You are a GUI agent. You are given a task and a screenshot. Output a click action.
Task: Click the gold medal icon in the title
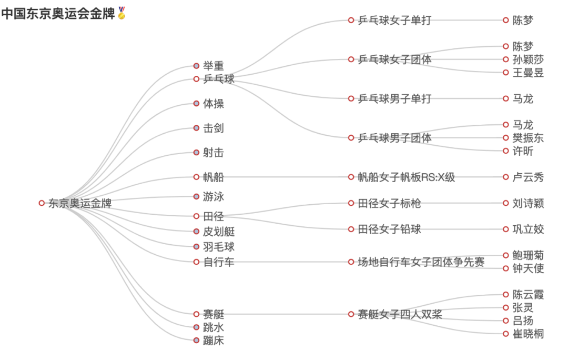click(x=121, y=13)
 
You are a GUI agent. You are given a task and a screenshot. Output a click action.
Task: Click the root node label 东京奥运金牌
click(x=79, y=204)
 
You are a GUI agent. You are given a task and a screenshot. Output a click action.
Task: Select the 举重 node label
click(x=214, y=66)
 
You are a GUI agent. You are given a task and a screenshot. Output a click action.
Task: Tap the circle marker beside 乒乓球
click(x=196, y=79)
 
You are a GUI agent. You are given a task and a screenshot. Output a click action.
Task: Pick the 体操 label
click(x=214, y=104)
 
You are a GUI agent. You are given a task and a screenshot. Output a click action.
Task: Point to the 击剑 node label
click(x=214, y=128)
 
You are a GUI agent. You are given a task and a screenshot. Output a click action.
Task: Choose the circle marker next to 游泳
click(x=196, y=197)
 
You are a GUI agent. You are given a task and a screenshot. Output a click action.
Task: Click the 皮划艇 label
click(x=219, y=232)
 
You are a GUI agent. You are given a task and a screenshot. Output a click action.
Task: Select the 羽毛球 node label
click(x=219, y=247)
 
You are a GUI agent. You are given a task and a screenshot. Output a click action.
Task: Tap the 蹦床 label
click(x=214, y=341)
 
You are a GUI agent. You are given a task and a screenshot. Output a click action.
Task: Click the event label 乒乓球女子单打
click(x=394, y=21)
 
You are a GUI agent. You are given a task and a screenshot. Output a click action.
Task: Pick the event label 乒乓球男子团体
click(x=394, y=138)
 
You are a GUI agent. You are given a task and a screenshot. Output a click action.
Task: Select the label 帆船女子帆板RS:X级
click(x=406, y=177)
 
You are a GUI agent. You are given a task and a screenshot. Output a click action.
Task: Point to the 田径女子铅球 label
click(x=389, y=229)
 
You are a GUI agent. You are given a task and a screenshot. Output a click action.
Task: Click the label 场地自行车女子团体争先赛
click(x=421, y=262)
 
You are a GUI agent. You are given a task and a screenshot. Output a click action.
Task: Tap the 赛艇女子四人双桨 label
click(x=400, y=315)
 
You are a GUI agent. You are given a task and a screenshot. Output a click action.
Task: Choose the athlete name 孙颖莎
click(x=528, y=59)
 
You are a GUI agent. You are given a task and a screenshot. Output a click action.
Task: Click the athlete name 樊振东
click(x=528, y=138)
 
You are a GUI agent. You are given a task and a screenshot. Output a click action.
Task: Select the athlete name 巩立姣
click(x=528, y=229)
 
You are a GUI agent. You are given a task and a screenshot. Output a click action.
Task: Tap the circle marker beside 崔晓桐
click(x=505, y=334)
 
